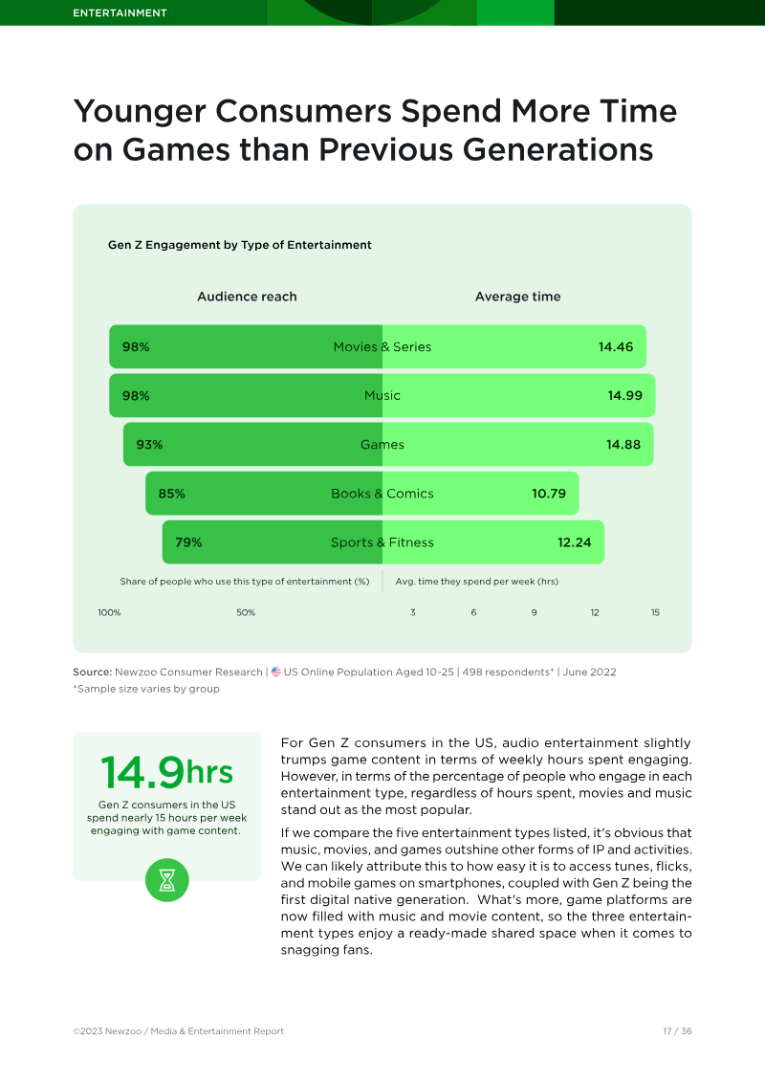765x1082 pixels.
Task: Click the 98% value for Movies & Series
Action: [136, 347]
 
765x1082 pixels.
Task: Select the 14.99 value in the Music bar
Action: [624, 396]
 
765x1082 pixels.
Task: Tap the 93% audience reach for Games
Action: [149, 445]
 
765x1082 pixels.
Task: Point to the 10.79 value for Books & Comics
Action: [549, 494]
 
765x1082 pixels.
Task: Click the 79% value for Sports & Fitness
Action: [188, 542]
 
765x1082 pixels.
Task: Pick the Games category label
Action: [382, 445]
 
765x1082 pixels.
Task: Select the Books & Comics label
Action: [382, 494]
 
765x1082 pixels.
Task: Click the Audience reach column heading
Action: [247, 297]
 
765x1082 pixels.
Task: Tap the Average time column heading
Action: [517, 297]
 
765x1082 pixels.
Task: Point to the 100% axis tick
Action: [109, 612]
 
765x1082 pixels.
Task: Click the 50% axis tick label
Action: [246, 612]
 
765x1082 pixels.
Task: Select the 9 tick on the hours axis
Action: [535, 612]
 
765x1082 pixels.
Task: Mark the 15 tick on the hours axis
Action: [655, 612]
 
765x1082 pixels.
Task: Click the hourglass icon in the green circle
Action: [167, 879]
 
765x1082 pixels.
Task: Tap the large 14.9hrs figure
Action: [166, 772]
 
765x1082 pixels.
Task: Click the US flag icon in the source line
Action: [276, 672]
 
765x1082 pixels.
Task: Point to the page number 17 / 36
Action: [677, 1031]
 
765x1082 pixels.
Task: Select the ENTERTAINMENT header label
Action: [120, 13]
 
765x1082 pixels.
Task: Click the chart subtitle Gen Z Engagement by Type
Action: [239, 245]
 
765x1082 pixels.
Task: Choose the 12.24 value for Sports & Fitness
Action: [575, 542]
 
